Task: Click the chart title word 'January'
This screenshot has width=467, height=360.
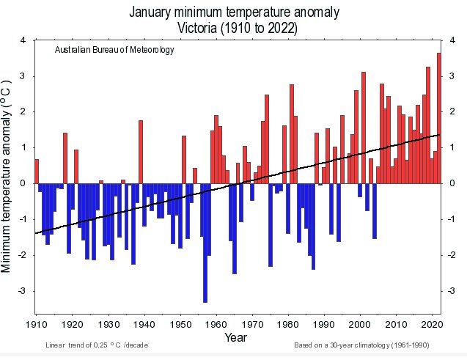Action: click(x=156, y=12)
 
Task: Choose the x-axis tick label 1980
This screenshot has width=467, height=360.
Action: click(x=288, y=323)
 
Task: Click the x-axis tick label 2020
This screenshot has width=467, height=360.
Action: click(x=432, y=323)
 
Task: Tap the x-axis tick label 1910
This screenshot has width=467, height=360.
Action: click(x=36, y=323)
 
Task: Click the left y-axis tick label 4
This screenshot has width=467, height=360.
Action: click(x=23, y=40)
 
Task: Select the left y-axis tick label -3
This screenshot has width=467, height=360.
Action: click(x=21, y=291)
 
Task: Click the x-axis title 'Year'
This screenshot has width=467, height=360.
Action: click(x=236, y=339)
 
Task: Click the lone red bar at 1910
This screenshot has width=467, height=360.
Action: click(x=37, y=171)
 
